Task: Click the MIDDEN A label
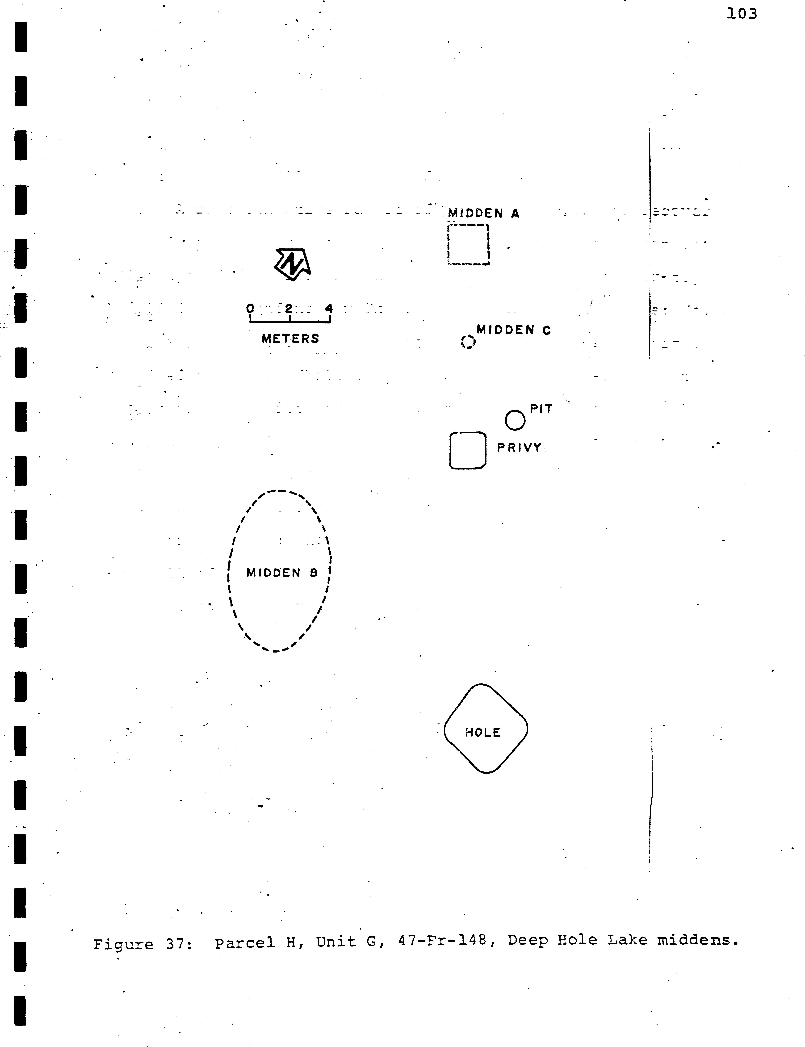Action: [x=483, y=213]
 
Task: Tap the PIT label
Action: [x=541, y=409]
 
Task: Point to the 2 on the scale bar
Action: [x=289, y=308]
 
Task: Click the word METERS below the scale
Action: [x=290, y=339]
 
